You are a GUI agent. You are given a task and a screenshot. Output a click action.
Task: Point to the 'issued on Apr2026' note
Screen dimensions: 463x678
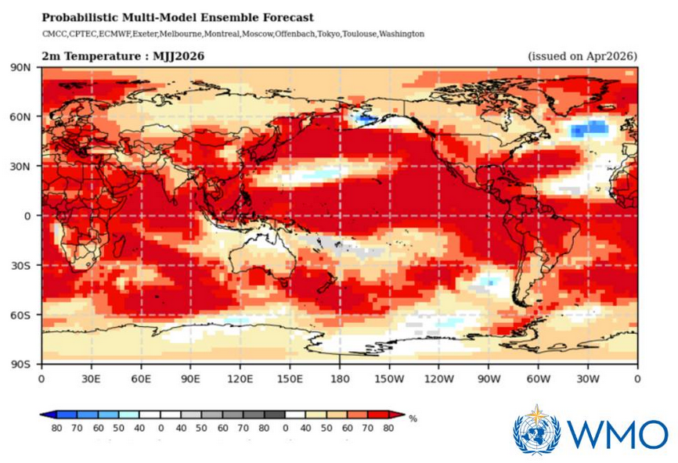coord(582,56)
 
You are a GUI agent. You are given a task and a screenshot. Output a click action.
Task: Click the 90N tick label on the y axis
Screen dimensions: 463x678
coord(21,68)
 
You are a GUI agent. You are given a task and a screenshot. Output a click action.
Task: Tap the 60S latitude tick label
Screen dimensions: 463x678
coord(21,315)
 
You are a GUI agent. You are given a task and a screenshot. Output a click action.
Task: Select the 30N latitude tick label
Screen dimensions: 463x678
coord(21,167)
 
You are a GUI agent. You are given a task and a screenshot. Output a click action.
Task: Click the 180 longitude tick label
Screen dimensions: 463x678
coord(339,379)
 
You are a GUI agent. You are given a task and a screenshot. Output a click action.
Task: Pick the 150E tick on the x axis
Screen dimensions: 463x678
coord(290,379)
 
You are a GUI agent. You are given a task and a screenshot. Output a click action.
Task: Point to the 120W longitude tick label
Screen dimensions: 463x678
coord(438,379)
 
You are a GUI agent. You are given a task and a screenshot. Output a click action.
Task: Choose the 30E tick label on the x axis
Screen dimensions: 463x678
coord(91,379)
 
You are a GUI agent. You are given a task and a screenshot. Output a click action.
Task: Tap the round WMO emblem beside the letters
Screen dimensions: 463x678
coord(537,431)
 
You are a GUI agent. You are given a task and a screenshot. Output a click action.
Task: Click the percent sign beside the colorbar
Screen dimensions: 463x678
coord(413,419)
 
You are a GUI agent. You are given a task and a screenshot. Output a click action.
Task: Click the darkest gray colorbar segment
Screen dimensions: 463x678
coord(274,415)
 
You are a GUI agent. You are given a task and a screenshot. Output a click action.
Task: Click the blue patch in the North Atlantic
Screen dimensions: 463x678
coord(589,127)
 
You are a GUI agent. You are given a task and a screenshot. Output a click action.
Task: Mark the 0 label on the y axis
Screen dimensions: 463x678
coord(27,216)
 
